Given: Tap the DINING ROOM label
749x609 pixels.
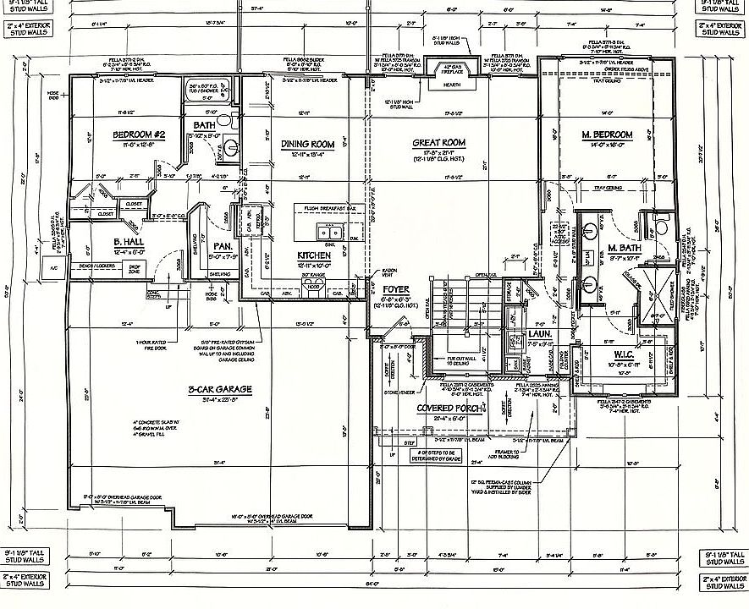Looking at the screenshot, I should [x=307, y=145].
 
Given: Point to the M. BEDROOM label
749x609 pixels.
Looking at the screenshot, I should [x=607, y=135].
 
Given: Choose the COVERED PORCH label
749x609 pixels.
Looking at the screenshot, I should [x=449, y=408].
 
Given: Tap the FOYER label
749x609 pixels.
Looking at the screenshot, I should [x=395, y=289].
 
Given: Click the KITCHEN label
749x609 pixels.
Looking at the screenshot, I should [x=313, y=255].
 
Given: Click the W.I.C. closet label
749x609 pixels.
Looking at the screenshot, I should [x=622, y=355].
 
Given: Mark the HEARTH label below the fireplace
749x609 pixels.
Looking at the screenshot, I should [x=452, y=85].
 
